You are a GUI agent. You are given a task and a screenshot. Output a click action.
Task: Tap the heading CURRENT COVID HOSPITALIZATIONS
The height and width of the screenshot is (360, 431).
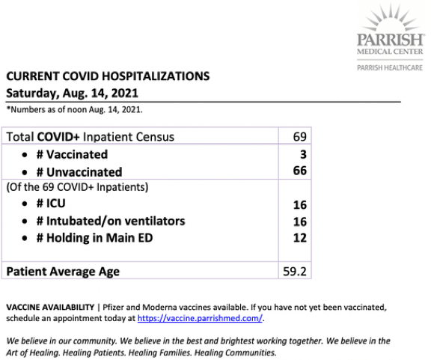107,76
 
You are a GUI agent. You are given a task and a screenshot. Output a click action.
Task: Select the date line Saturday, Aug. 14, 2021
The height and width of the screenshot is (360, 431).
72,94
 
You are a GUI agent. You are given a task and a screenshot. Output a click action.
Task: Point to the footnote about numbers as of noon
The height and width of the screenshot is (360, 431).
73,110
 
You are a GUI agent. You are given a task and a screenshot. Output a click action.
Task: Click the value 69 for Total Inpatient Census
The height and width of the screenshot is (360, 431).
299,137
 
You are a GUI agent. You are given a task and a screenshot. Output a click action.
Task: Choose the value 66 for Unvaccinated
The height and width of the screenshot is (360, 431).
299,171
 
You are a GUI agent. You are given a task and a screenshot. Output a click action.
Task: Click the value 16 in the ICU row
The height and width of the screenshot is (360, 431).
299,204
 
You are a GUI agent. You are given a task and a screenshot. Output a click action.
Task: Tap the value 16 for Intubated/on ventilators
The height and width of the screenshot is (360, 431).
299,221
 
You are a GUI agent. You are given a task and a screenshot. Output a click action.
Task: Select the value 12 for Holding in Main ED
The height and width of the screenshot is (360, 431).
299,238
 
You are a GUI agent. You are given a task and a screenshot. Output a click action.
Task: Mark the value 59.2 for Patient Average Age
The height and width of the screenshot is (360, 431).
294,271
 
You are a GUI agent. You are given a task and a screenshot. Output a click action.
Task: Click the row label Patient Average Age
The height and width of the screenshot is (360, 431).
63,271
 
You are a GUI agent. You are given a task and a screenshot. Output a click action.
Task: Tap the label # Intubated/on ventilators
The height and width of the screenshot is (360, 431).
110,221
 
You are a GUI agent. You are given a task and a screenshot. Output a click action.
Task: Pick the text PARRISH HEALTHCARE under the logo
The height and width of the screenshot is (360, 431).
389,68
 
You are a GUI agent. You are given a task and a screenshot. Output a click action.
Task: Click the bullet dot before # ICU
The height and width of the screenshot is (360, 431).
26,204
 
